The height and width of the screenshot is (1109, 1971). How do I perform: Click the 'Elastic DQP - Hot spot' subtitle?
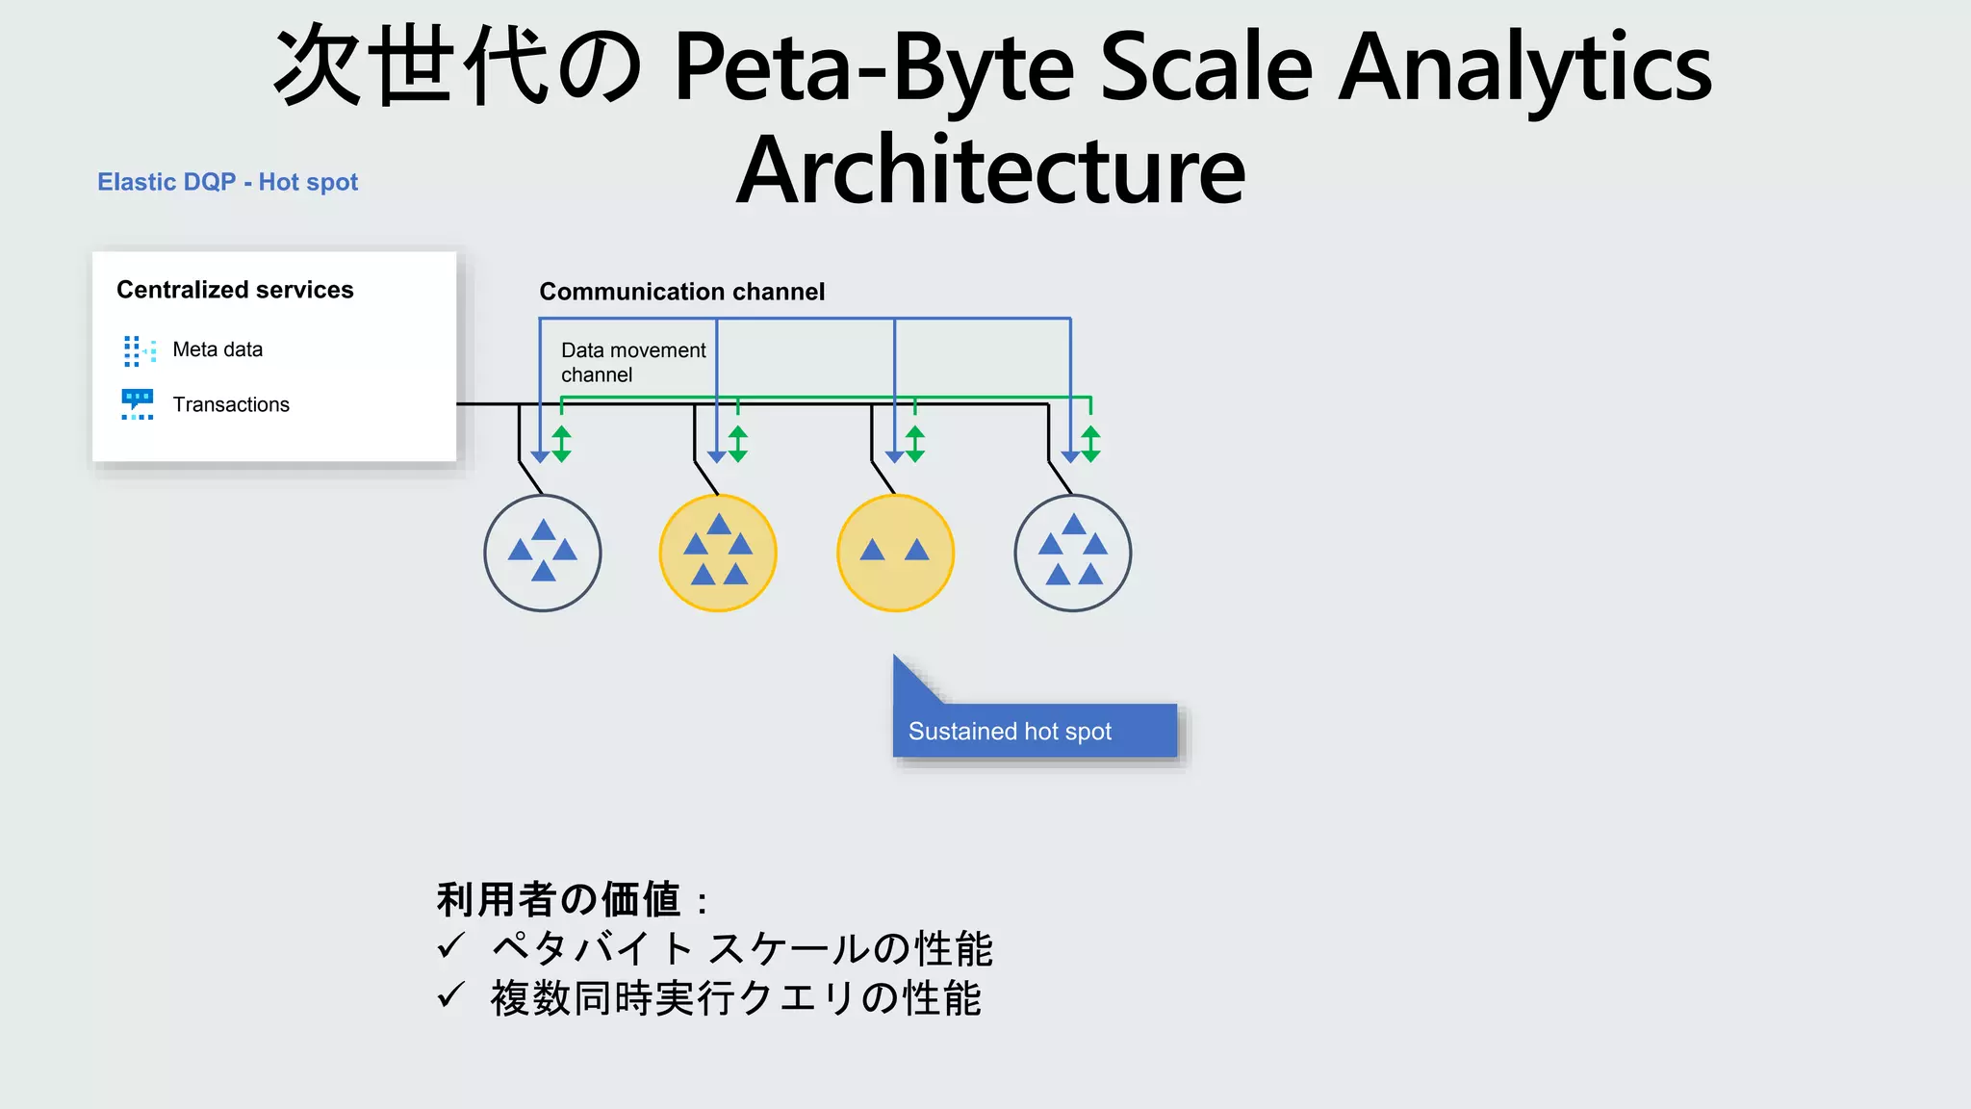[227, 182]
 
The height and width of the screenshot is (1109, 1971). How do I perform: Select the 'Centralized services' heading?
[235, 290]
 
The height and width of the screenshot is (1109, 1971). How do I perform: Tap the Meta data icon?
[140, 350]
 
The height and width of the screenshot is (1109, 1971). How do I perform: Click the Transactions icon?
[138, 404]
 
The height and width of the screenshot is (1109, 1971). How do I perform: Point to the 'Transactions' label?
[231, 404]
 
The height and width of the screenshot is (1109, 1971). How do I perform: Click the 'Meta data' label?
[218, 349]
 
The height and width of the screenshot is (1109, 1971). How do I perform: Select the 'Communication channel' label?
[681, 292]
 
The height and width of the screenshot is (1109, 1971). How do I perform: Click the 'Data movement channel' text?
[632, 363]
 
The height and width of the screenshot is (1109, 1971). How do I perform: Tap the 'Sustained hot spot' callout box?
[1034, 731]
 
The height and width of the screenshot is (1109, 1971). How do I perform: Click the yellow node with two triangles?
[895, 554]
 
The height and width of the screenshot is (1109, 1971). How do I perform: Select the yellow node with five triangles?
[718, 554]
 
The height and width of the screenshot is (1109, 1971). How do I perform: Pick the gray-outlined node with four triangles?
[543, 554]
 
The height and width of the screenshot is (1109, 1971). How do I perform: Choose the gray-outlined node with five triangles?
[1073, 554]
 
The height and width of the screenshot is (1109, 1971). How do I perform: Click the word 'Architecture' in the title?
[991, 171]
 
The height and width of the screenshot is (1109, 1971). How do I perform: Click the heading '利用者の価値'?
[559, 900]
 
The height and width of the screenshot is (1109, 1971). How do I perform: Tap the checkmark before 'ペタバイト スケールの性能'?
[450, 946]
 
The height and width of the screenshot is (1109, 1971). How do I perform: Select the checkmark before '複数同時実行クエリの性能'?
[450, 996]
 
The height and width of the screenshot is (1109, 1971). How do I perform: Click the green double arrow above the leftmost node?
[562, 444]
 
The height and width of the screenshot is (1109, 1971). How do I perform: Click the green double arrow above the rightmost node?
[1090, 444]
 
